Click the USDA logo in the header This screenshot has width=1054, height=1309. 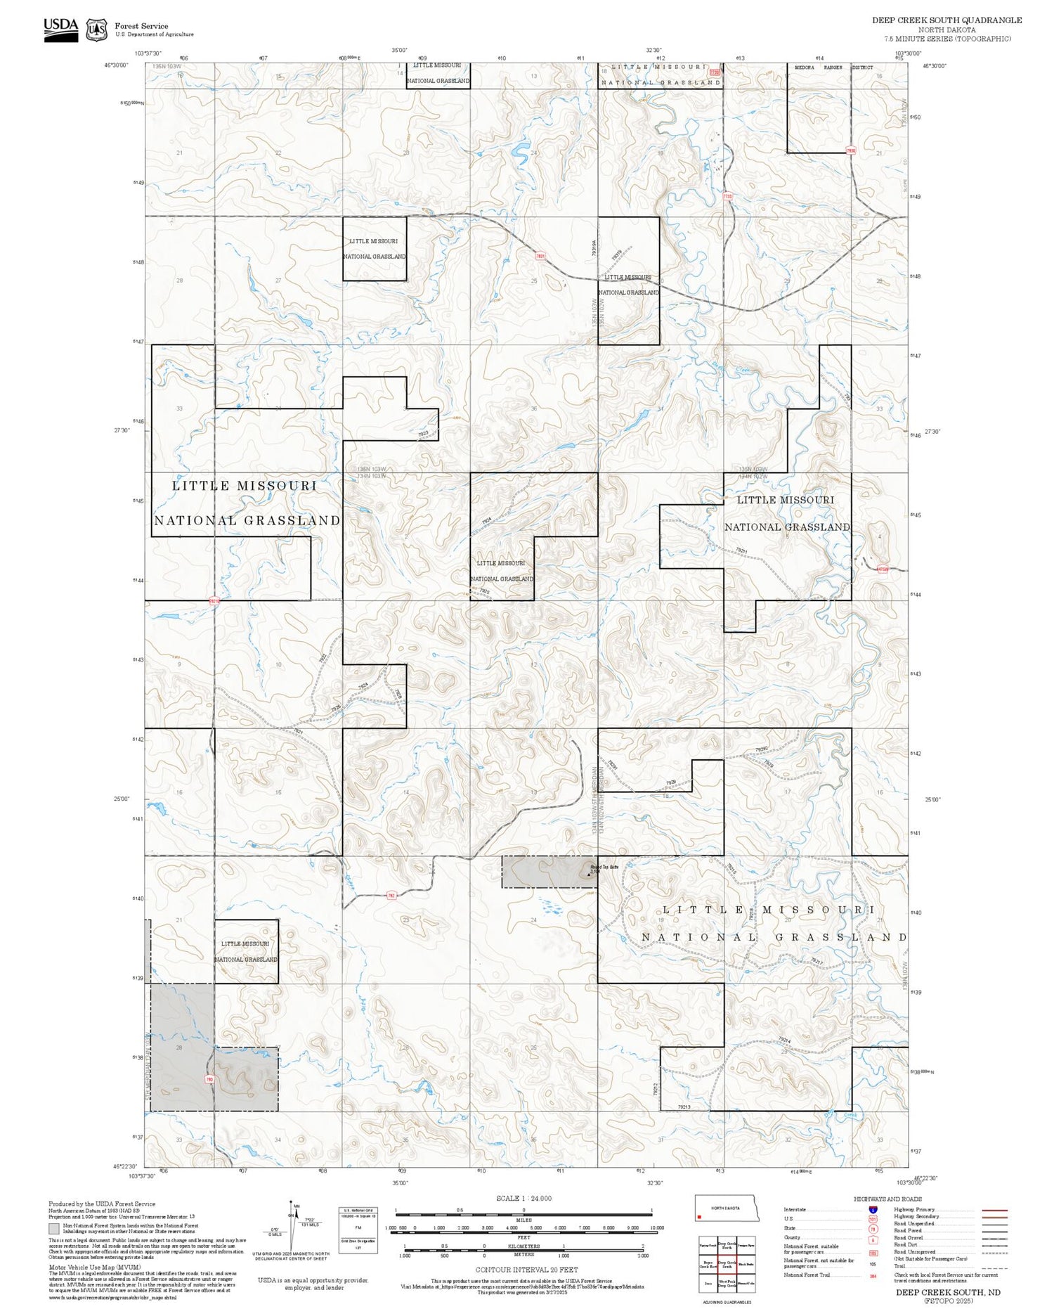(x=60, y=30)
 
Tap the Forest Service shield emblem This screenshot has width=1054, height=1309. (x=96, y=30)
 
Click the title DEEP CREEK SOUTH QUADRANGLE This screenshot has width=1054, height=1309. (x=946, y=20)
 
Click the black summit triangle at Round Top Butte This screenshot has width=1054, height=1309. (x=587, y=874)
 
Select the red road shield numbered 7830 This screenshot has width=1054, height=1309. (x=851, y=150)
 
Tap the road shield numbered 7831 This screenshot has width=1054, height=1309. (x=540, y=257)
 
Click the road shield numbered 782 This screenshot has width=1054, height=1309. (x=391, y=895)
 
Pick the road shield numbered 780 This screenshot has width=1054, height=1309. (x=209, y=1078)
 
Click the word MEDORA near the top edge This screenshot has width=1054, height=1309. (x=804, y=67)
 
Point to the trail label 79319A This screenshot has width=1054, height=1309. (x=594, y=251)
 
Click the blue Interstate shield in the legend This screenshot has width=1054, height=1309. (x=873, y=1209)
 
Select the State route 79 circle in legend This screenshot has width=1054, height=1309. (x=873, y=1229)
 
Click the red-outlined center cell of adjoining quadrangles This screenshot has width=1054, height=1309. (x=727, y=1264)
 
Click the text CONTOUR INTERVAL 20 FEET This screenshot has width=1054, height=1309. (x=526, y=1270)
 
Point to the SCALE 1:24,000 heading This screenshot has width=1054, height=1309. (x=523, y=1198)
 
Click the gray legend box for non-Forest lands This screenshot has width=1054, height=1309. (x=54, y=1229)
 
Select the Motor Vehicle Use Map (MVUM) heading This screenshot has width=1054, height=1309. (x=94, y=1266)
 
